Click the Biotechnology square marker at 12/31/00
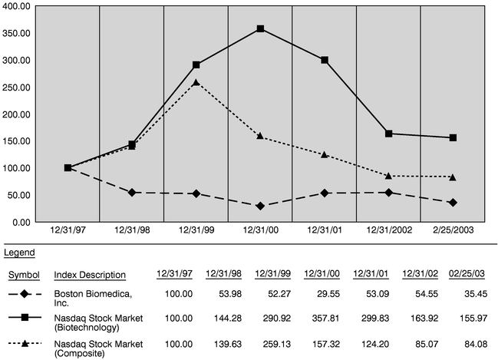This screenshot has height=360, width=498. pyautogui.click(x=261, y=29)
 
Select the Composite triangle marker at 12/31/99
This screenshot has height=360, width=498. pyautogui.click(x=197, y=82)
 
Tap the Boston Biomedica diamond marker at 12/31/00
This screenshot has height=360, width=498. pyautogui.click(x=261, y=206)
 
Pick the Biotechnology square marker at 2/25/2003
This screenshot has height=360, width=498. pyautogui.click(x=453, y=137)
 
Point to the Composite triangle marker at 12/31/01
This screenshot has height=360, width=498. pyautogui.click(x=325, y=154)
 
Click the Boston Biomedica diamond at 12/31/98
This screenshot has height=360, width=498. pyautogui.click(x=133, y=193)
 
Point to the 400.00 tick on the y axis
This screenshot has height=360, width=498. pyautogui.click(x=17, y=6)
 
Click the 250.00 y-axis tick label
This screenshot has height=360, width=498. pyautogui.click(x=17, y=88)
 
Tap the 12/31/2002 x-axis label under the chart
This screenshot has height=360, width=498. pyautogui.click(x=389, y=230)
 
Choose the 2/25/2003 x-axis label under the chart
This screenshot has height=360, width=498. pyautogui.click(x=453, y=230)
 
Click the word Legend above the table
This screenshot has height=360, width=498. pyautogui.click(x=19, y=252)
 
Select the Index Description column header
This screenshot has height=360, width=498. pyautogui.click(x=91, y=275)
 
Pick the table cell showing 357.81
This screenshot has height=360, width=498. pyautogui.click(x=322, y=321)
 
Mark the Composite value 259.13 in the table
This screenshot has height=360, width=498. pyautogui.click(x=272, y=347)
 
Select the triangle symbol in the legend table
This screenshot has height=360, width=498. pyautogui.click(x=26, y=347)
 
